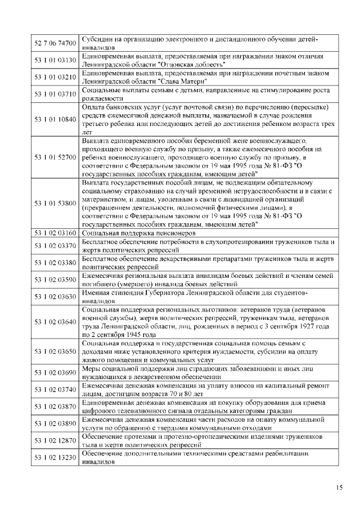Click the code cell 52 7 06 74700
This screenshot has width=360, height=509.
click(55, 43)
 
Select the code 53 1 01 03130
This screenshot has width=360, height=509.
click(55, 60)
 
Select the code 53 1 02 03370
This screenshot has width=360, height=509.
click(55, 245)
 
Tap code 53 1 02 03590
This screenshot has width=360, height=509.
click(55, 279)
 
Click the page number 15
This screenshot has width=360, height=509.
click(339, 488)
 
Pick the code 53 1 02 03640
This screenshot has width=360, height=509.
click(55, 322)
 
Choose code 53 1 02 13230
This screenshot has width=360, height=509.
click(55, 457)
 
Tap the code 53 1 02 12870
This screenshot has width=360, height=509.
click(55, 440)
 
